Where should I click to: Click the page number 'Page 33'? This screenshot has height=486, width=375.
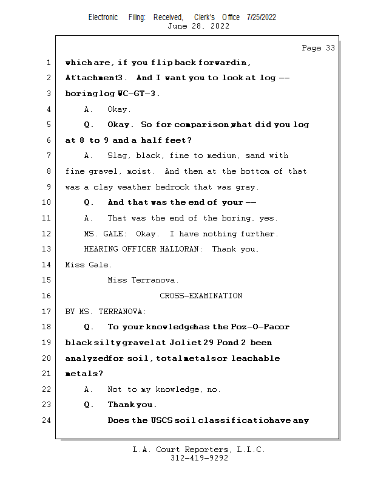(x=318, y=48)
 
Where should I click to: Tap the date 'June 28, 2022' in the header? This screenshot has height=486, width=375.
(x=198, y=26)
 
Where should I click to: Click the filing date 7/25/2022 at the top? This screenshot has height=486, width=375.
(x=262, y=17)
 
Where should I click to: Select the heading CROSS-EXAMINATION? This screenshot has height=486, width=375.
(x=201, y=296)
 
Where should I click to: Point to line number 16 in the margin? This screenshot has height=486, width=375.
(x=47, y=296)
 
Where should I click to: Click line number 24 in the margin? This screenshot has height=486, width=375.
(x=47, y=420)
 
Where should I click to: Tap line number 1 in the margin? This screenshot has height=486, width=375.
(x=49, y=63)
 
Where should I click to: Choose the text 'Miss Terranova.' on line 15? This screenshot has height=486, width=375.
(x=143, y=280)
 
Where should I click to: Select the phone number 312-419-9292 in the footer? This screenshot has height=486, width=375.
(x=199, y=458)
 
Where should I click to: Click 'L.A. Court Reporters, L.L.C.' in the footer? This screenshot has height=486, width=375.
(x=199, y=450)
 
